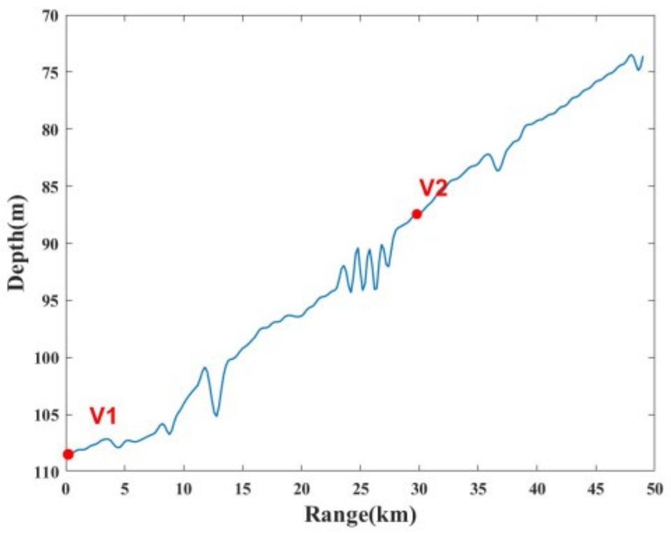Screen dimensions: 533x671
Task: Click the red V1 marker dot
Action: pos(68,454)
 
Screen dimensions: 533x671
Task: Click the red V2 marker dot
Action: pos(417,214)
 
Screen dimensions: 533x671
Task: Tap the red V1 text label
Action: pos(103,416)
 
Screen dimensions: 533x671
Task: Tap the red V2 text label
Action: pos(433,188)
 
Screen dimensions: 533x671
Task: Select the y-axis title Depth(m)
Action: pos(16,244)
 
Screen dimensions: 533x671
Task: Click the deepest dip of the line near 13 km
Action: pos(216,416)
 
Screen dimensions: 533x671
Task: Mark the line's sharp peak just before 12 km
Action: pos(205,367)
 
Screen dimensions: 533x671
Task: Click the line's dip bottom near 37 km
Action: pos(498,170)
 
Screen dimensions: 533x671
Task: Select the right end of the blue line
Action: pos(643,56)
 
